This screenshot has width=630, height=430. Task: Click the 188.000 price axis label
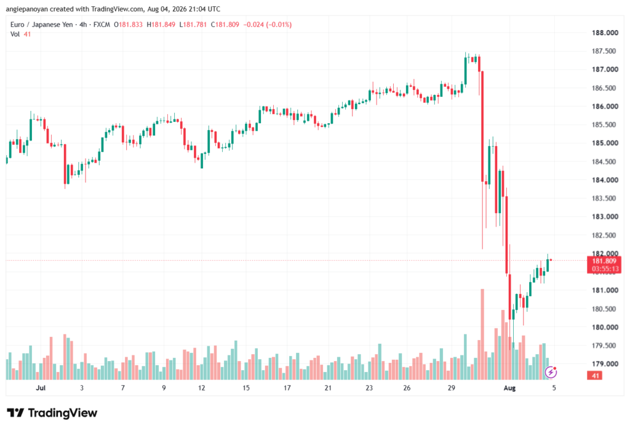[605, 33]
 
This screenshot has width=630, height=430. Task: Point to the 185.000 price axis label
[605, 143]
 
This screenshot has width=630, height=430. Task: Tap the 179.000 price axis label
[605, 364]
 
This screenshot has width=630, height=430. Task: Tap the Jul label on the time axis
[41, 387]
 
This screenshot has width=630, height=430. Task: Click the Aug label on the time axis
[509, 387]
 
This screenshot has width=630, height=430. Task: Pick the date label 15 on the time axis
[246, 387]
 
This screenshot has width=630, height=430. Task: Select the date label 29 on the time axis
[451, 387]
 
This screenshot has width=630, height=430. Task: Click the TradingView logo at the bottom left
[52, 413]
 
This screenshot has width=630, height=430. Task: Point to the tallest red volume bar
[482, 335]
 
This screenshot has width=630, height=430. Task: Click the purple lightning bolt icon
[551, 372]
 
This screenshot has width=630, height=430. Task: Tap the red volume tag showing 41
[595, 376]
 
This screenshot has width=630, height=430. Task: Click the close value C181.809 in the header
[225, 25]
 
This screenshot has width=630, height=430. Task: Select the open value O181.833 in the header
[128, 25]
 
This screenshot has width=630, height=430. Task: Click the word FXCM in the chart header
[102, 25]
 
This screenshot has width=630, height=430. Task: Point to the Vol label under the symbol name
[15, 34]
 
